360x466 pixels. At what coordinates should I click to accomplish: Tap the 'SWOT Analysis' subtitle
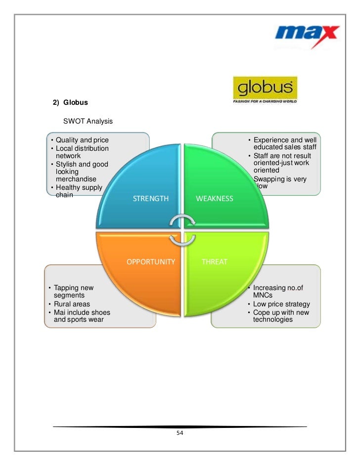coord(88,121)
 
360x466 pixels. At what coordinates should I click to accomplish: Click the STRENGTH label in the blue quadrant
coord(151,199)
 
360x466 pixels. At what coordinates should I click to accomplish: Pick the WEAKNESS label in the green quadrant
coord(214,199)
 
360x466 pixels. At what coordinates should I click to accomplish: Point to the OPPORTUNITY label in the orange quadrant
coord(150,261)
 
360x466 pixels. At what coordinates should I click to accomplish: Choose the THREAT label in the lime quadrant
coord(214,261)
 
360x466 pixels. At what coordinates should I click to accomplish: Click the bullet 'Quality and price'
coord(82,140)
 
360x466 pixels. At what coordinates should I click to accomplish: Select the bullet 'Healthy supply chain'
coord(79,191)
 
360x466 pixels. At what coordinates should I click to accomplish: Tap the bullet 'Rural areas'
coord(72,304)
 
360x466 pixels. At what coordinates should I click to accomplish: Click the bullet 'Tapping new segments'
coord(73,292)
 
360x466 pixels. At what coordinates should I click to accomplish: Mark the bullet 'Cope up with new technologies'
coord(281,316)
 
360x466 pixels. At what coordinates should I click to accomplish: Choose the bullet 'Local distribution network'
coord(82,152)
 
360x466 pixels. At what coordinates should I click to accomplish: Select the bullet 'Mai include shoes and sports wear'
coord(82,316)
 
